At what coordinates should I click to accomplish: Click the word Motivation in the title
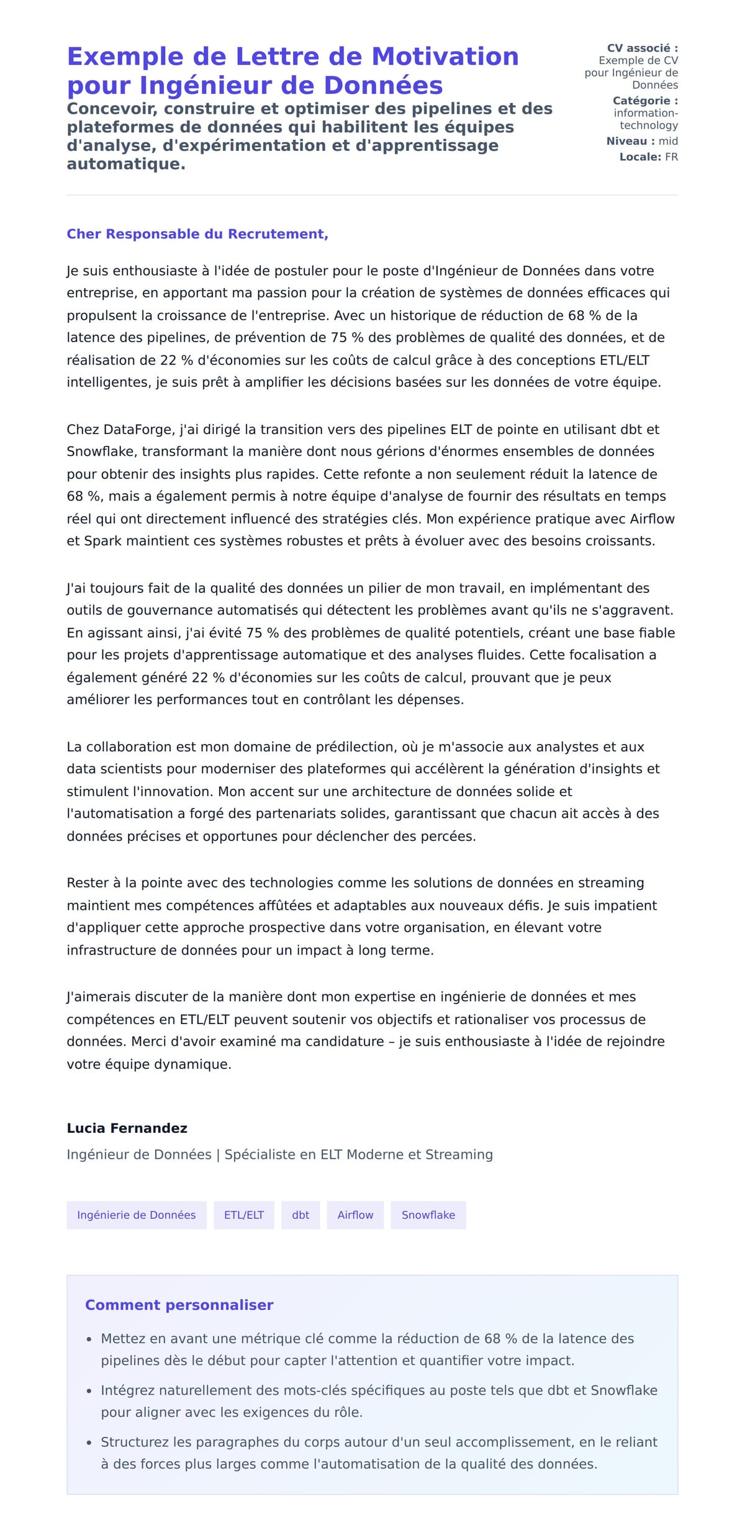(445, 57)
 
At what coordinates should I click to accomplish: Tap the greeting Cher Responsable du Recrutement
(197, 234)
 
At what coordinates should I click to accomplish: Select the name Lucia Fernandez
(127, 1128)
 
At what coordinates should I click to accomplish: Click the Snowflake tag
(428, 1215)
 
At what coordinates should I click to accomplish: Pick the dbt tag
(300, 1215)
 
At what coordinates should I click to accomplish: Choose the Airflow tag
(355, 1215)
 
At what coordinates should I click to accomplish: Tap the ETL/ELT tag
(243, 1215)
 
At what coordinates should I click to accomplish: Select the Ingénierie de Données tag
(136, 1215)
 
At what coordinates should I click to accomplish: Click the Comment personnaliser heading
(179, 1305)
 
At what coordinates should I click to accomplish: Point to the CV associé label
(642, 48)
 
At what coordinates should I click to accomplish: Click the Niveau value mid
(668, 141)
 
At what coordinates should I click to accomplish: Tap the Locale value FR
(671, 157)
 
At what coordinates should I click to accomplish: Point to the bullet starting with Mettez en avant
(367, 1338)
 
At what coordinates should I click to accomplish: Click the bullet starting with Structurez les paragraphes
(379, 1442)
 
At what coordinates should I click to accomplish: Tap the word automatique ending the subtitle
(125, 164)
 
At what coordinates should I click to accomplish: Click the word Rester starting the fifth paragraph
(88, 882)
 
